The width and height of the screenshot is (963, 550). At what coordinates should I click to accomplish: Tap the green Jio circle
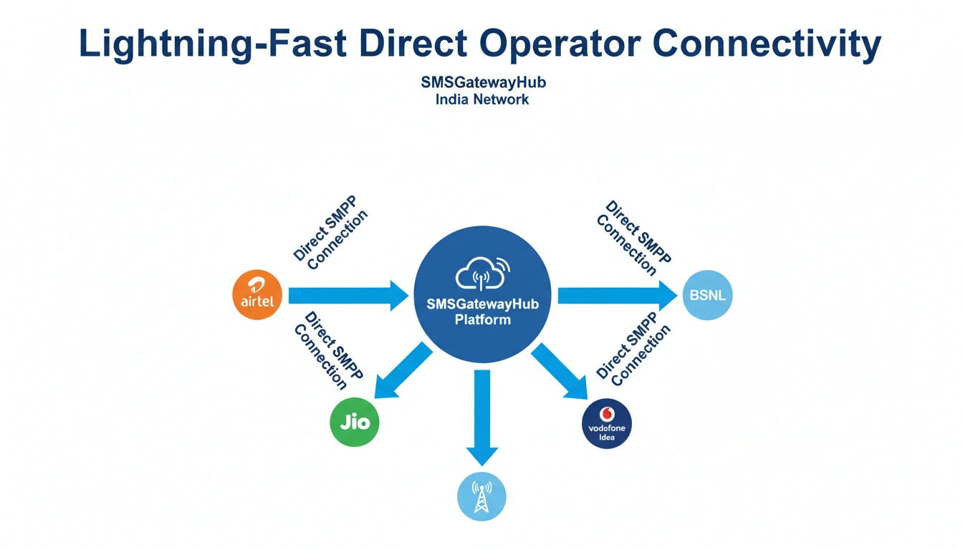point(354,422)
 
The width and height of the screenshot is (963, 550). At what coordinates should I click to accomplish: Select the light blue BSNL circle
point(707,294)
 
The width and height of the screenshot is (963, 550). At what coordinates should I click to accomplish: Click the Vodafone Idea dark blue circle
point(606,423)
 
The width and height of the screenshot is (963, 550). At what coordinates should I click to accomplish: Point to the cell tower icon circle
point(481,496)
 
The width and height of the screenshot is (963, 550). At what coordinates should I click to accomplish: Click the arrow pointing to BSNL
point(616,295)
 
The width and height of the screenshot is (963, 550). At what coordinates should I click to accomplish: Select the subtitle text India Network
point(481,100)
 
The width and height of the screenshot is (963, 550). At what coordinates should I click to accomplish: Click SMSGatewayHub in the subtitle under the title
point(483,82)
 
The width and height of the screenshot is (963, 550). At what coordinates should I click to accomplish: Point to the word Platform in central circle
point(482,319)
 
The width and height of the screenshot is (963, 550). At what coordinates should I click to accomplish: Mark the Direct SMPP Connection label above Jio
point(329,351)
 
